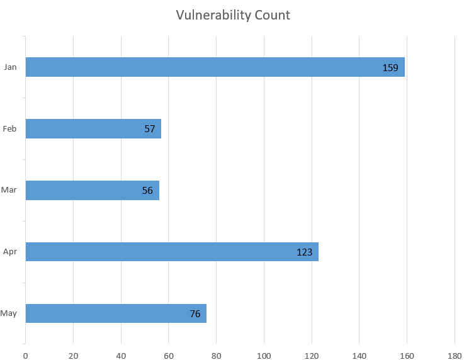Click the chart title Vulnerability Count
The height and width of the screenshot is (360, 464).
pyautogui.click(x=233, y=15)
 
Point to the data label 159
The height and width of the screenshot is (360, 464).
pyautogui.click(x=390, y=67)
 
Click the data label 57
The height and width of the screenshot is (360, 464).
pyautogui.click(x=150, y=129)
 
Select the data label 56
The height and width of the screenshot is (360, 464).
pyautogui.click(x=147, y=190)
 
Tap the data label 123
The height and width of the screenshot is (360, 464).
pyautogui.click(x=305, y=252)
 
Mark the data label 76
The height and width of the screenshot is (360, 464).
pyautogui.click(x=195, y=313)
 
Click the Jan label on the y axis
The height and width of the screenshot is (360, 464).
pyautogui.click(x=10, y=67)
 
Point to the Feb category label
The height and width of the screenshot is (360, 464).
pyautogui.click(x=9, y=129)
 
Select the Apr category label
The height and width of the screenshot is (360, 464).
pyautogui.click(x=9, y=252)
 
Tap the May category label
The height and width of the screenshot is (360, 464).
pyautogui.click(x=9, y=313)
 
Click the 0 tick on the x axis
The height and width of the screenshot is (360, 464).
pyautogui.click(x=25, y=355)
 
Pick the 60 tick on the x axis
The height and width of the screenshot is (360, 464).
pyautogui.click(x=169, y=355)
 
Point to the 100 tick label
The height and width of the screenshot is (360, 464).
pyautogui.click(x=264, y=355)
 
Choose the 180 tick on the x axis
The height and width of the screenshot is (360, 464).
pyautogui.click(x=455, y=355)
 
